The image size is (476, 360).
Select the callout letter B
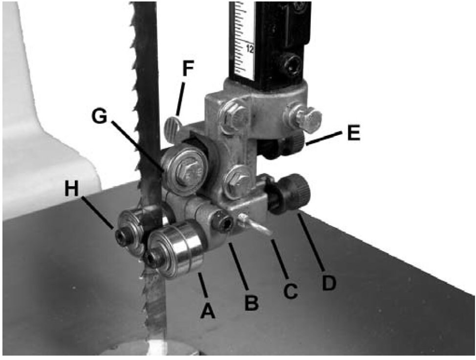[x=252, y=302]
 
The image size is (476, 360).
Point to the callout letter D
[x=329, y=283]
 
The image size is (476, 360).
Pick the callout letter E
[x=354, y=132]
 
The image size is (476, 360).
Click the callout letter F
[x=188, y=69]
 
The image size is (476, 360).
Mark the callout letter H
[x=72, y=189]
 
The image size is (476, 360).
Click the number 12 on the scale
[x=250, y=48]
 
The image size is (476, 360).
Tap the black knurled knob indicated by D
[x=291, y=193]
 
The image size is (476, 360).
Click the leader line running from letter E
[x=325, y=138]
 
